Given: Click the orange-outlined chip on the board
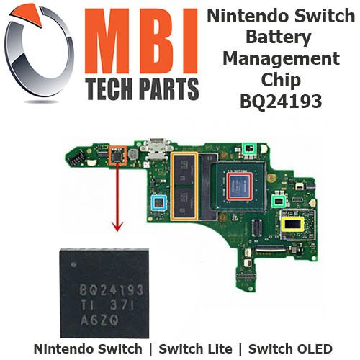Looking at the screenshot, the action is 117,156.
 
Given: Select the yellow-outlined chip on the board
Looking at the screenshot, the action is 292,224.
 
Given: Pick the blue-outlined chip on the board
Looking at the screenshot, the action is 158,203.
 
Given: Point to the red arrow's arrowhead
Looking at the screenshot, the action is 117,226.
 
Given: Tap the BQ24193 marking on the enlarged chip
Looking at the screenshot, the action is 112,291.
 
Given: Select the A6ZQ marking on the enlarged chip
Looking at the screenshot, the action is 99,320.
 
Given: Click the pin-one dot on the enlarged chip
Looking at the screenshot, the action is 73,265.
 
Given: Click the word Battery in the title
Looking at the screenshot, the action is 279,37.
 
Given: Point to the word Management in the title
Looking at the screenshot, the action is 281,58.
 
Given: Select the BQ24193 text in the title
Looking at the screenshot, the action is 281,101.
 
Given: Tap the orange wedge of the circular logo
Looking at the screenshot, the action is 27,14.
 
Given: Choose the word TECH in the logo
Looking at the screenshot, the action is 110,89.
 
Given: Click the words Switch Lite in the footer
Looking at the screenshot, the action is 195,349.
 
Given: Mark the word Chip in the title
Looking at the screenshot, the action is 281,80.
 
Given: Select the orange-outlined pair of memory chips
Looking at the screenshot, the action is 184,186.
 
